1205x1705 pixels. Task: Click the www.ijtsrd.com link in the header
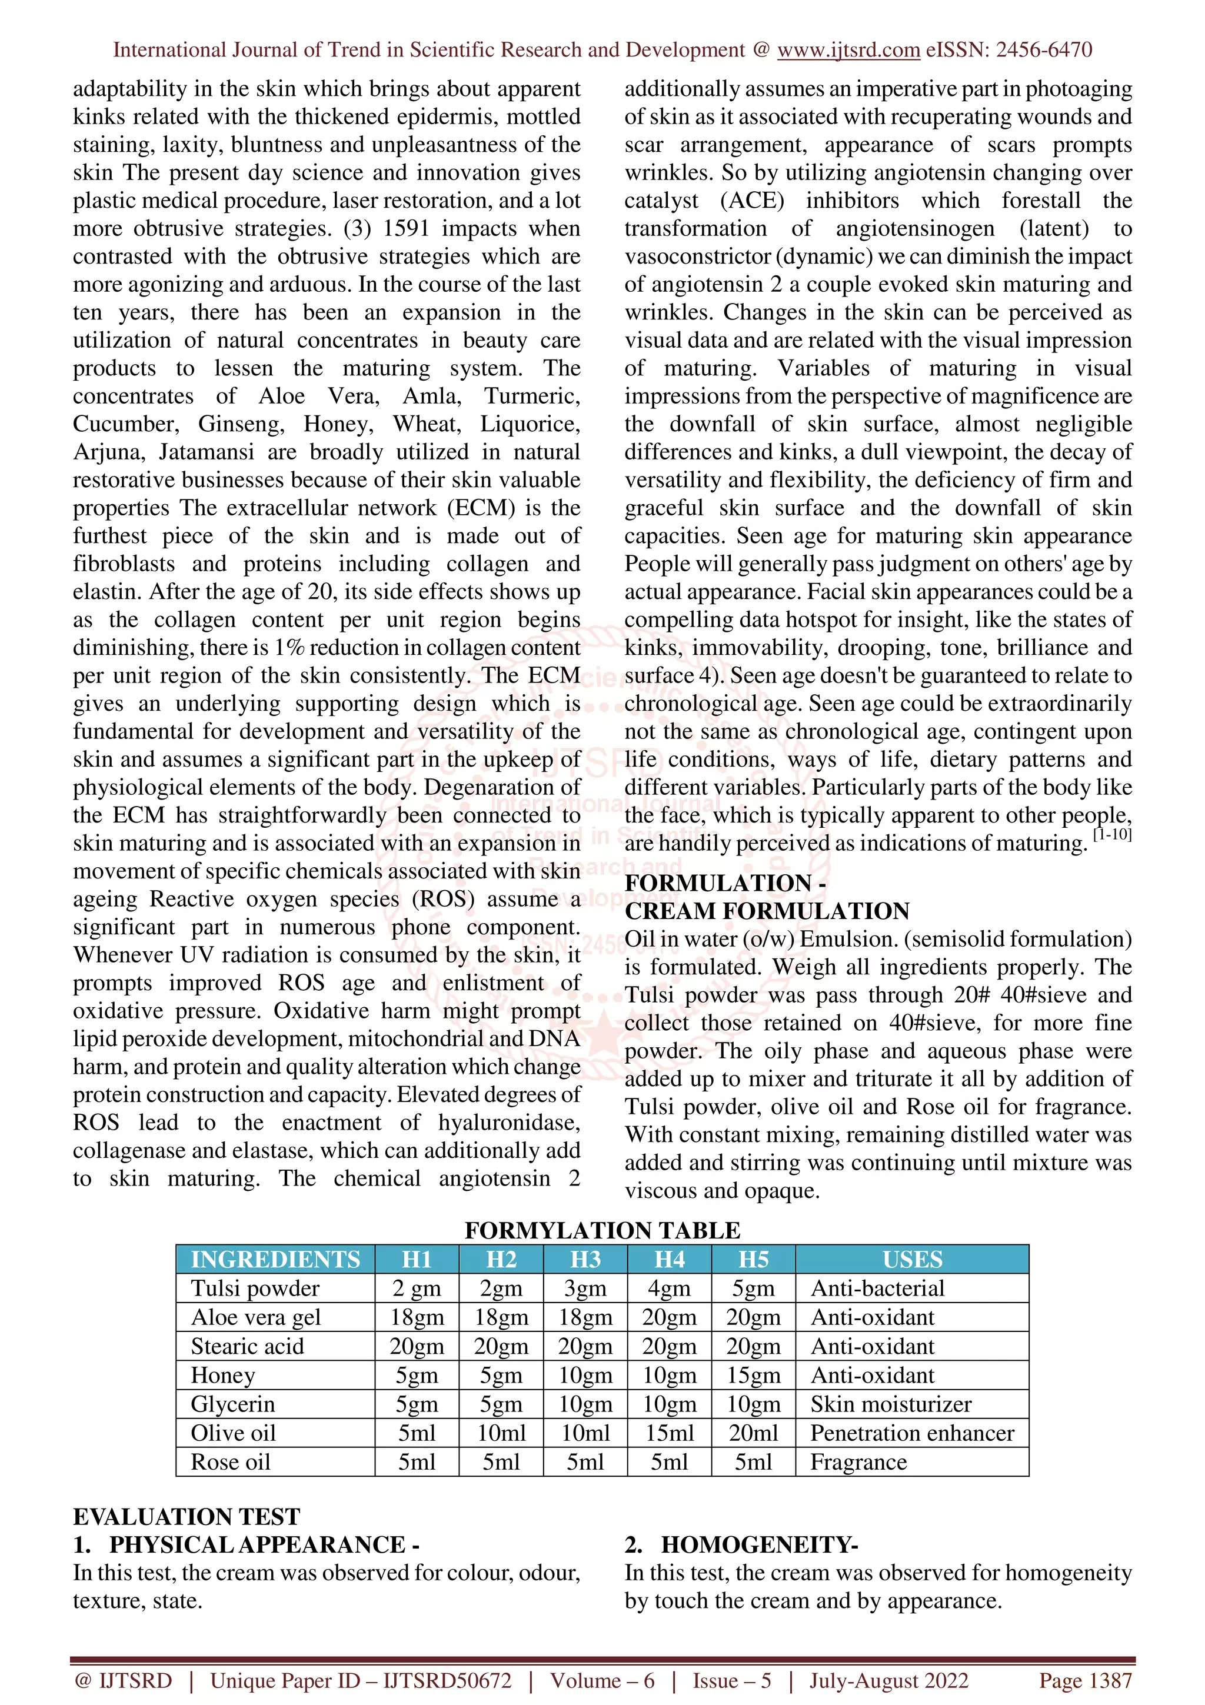848,50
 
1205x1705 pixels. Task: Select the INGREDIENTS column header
275,1260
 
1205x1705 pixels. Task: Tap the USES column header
912,1260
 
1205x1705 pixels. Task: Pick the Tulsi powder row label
255,1288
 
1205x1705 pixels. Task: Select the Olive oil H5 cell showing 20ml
753,1433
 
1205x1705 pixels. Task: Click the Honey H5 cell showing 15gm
753,1376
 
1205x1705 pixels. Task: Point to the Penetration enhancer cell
912,1433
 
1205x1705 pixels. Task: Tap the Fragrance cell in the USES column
858,1462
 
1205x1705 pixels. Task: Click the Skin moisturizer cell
890,1404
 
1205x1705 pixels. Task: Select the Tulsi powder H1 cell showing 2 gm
417,1288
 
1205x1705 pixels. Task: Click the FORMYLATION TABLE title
602,1230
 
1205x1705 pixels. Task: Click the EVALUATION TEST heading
187,1516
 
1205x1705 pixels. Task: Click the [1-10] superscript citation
1111,835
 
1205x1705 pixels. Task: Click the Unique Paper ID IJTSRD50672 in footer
361,1680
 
